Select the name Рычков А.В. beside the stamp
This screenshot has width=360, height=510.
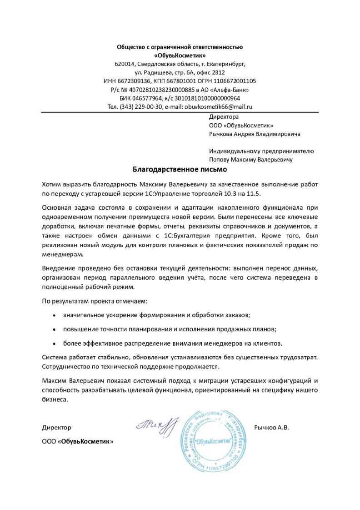tap(271, 428)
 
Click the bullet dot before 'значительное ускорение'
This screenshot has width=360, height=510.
tap(55, 315)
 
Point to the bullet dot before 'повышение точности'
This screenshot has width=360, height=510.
tap(55, 329)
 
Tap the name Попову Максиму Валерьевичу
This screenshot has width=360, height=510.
tap(250, 160)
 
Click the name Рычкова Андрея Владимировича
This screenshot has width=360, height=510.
tap(254, 134)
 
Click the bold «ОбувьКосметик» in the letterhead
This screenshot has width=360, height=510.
tap(180, 56)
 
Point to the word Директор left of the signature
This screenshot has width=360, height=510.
tap(56, 428)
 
